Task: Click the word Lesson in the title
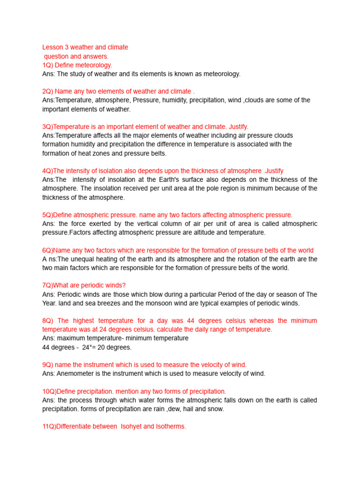[52, 47]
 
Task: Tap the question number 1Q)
[48, 65]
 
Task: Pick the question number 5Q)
[48, 215]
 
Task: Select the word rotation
[245, 259]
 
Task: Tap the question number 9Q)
[48, 365]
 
